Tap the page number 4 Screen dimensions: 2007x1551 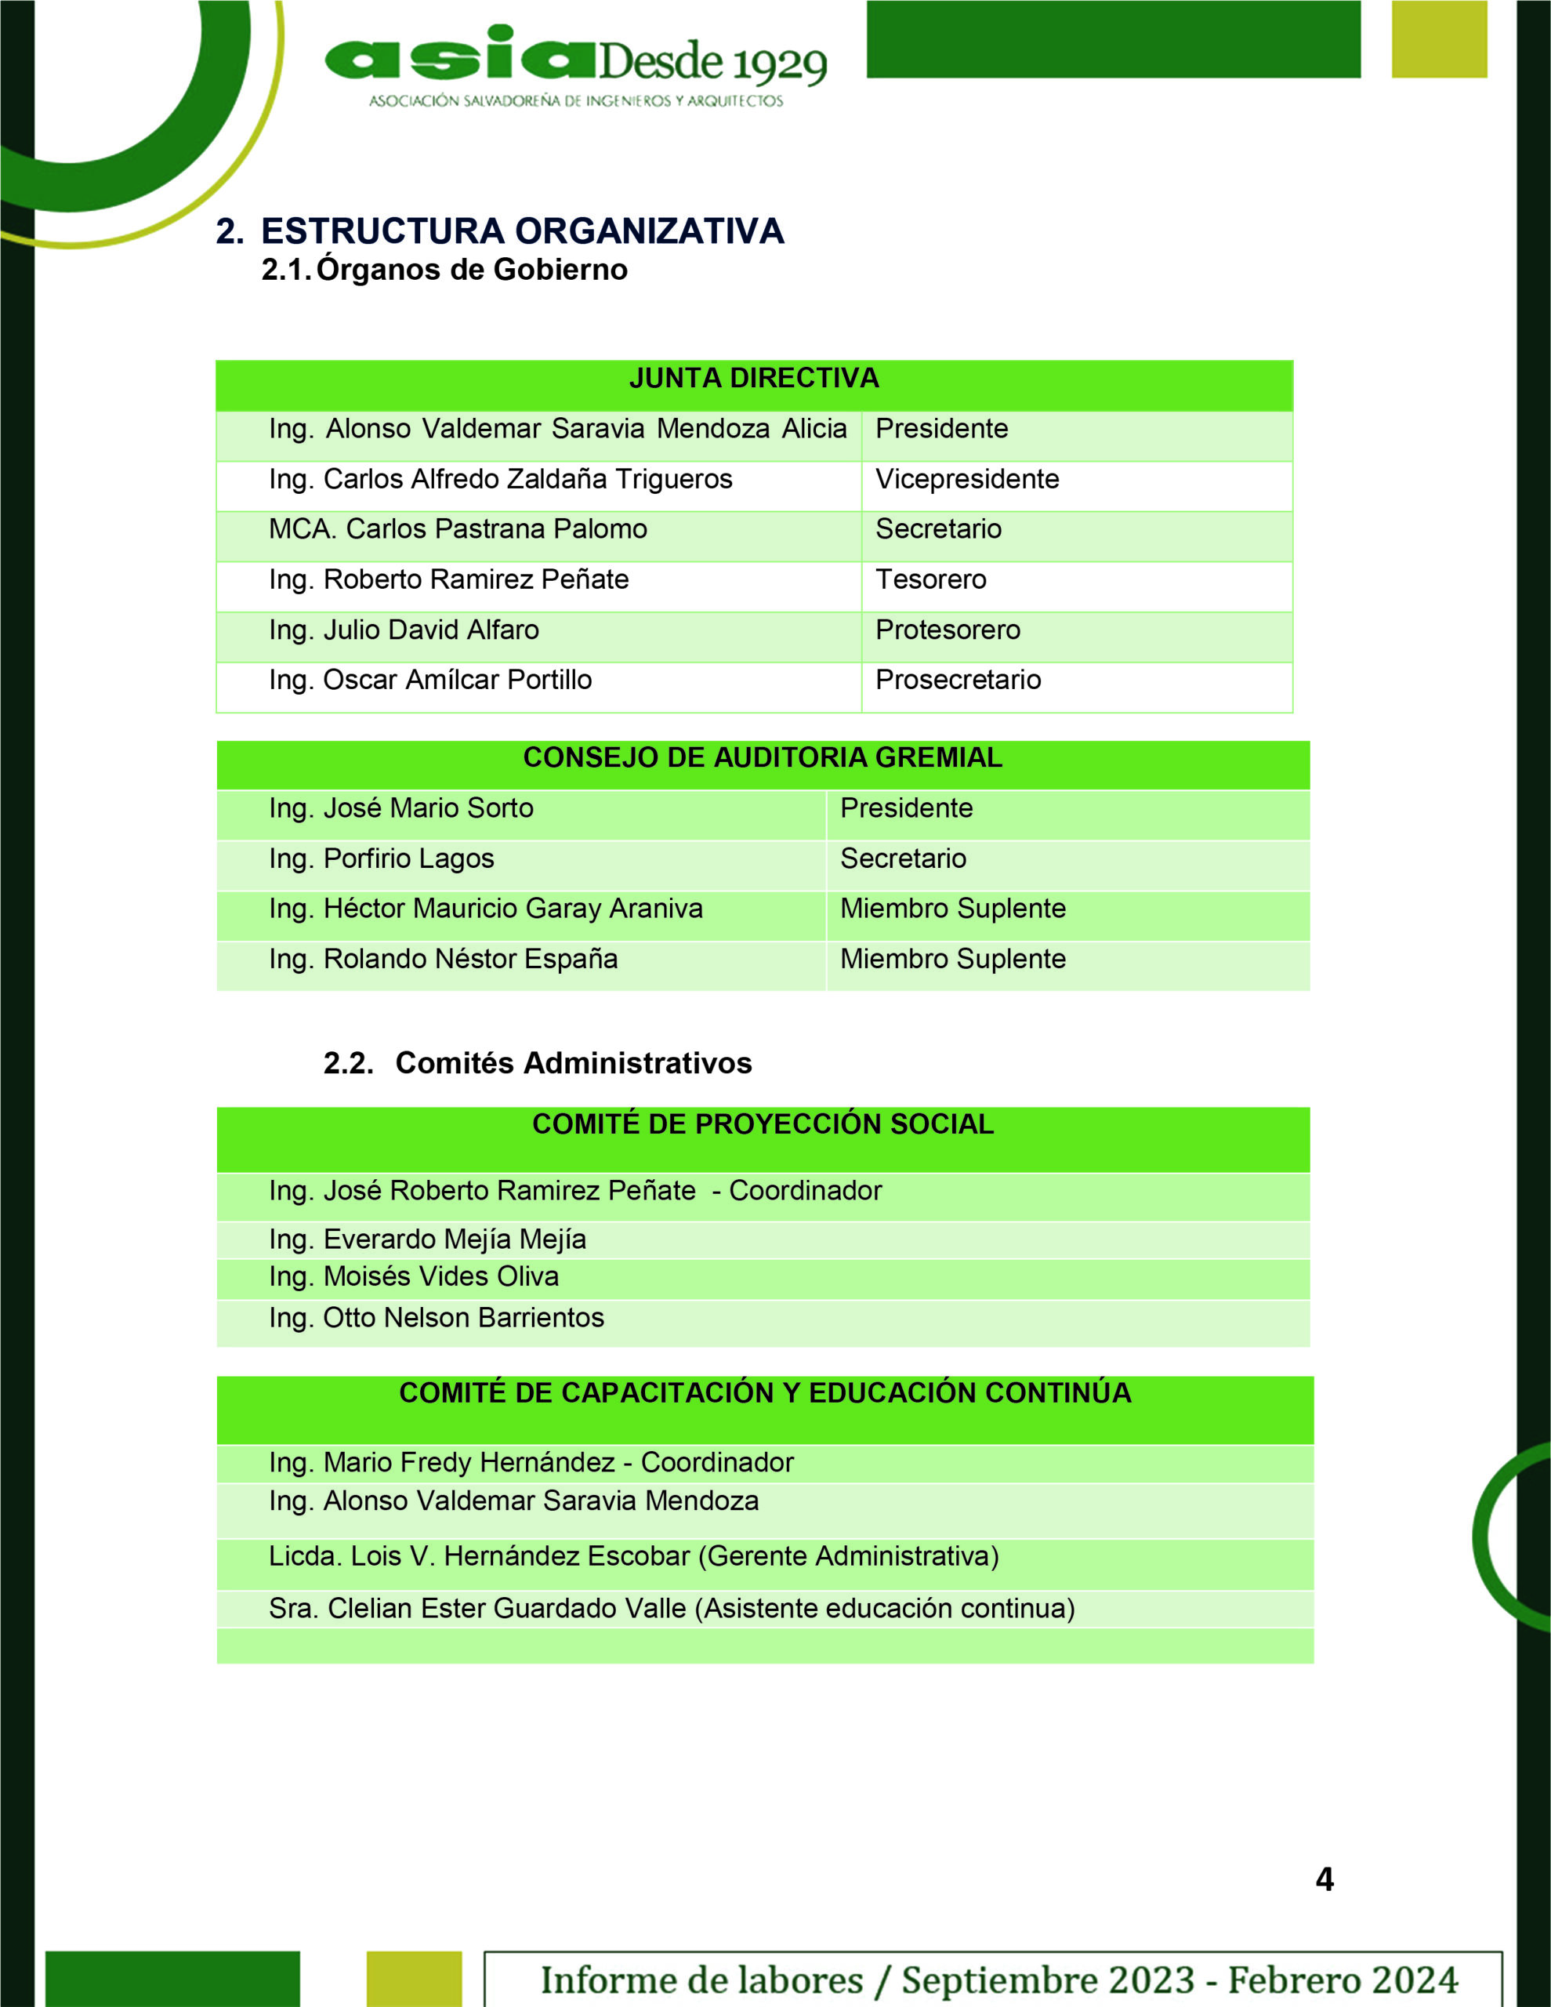[x=1324, y=1878]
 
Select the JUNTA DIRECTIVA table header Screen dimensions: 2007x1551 [x=753, y=379]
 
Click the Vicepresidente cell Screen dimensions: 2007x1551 [x=966, y=479]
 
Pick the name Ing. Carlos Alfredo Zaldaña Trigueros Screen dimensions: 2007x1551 [x=501, y=479]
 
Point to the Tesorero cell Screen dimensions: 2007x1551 [x=931, y=579]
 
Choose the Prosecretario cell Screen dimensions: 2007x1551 [x=958, y=679]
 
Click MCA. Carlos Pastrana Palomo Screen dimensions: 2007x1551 [x=458, y=529]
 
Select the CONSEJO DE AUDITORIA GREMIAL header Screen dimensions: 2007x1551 [x=762, y=757]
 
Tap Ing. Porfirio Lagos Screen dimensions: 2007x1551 [x=382, y=858]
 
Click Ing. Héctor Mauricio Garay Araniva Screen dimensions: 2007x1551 [x=485, y=908]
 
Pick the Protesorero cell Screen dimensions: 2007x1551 [x=948, y=630]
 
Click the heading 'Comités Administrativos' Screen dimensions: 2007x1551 [x=574, y=1062]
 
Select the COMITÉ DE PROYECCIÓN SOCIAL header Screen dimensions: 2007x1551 [x=763, y=1124]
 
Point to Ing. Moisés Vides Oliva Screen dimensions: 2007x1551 [x=414, y=1276]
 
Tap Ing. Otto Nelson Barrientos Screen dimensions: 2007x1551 [x=437, y=1318]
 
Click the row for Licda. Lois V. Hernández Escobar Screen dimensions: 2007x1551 [x=633, y=1555]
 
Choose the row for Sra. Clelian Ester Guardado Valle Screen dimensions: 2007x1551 [x=672, y=1608]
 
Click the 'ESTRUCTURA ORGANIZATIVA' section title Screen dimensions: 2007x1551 [x=522, y=230]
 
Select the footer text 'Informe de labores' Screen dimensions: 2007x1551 [x=701, y=1980]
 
